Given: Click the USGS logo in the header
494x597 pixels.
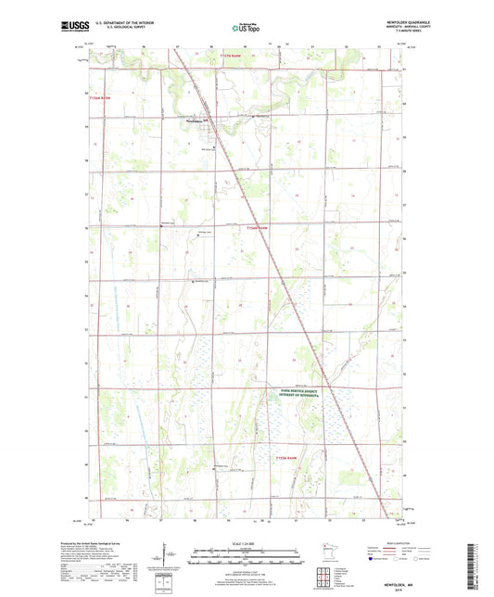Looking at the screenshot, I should click(x=71, y=27).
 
